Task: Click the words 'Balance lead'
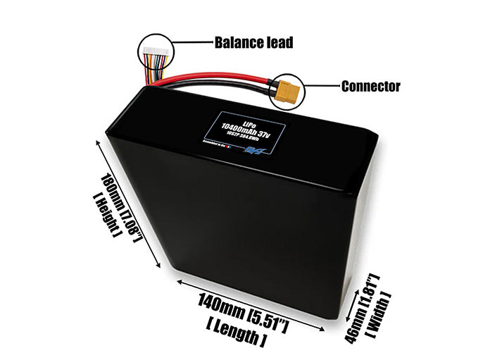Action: [x=253, y=43]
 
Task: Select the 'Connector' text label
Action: [x=370, y=87]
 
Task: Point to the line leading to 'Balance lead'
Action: [x=189, y=43]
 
